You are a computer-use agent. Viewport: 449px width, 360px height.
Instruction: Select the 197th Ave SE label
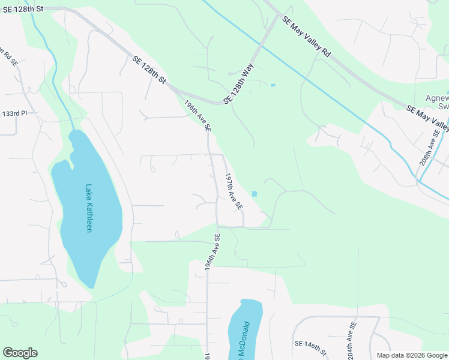pos(234,191)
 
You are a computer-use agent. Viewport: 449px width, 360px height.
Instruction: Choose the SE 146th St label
pos(310,347)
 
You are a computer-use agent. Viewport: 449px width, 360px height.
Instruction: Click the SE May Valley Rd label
pos(306,37)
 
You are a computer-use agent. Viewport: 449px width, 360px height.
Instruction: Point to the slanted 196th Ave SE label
pos(197,115)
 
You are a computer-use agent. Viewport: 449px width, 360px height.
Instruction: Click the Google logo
pos(20,353)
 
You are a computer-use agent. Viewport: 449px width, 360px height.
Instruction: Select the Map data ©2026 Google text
pos(412,355)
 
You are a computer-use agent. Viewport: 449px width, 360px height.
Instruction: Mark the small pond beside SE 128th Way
pos(273,85)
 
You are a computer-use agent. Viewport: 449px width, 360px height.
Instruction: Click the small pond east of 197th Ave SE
pos(255,194)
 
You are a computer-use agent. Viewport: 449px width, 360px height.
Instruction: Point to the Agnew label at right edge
pos(437,99)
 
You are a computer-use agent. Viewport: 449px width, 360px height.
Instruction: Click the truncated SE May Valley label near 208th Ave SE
pos(427,118)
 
